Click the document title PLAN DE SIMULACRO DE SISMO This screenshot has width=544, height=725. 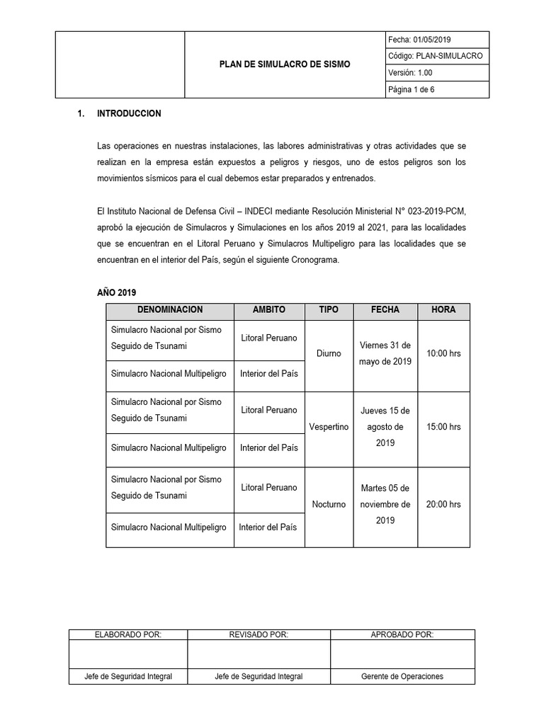point(284,64)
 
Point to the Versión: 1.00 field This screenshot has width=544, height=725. point(410,72)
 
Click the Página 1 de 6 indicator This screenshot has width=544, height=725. point(412,89)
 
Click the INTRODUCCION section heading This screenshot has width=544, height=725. point(129,113)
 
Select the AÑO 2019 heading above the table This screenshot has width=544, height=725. point(117,292)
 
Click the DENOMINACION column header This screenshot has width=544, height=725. point(170,310)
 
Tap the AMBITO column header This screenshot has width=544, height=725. point(269,310)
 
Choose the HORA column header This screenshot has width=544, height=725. point(443,310)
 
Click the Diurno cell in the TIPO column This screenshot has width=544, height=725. point(328,353)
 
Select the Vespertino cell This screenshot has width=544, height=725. point(329,427)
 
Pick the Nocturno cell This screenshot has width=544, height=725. point(329,504)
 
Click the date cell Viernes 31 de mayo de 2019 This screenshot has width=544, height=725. point(385,353)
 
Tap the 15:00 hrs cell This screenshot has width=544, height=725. point(443,427)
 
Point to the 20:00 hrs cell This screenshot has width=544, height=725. point(443,504)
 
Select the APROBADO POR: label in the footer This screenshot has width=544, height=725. point(402,635)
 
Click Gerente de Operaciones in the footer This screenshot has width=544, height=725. point(402,676)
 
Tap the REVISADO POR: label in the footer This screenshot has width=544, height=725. point(259,635)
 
